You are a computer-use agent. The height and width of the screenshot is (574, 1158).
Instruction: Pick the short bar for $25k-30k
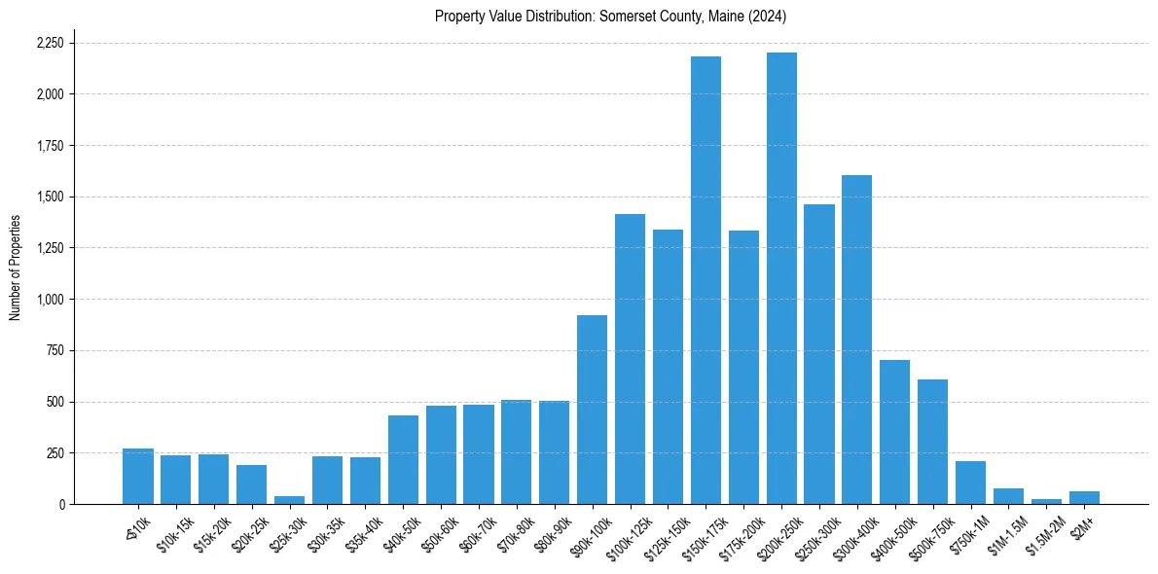tap(289, 500)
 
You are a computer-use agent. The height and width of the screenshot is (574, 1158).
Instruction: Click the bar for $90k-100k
tap(592, 410)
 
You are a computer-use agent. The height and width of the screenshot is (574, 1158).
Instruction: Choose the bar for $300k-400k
tap(856, 340)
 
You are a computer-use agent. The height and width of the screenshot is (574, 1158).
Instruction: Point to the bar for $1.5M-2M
tap(1046, 501)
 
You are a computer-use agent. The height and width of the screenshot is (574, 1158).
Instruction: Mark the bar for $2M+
tap(1084, 497)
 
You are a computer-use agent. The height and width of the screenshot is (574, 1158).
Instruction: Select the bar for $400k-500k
tap(894, 432)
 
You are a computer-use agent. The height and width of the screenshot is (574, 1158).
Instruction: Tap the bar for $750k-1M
tap(970, 483)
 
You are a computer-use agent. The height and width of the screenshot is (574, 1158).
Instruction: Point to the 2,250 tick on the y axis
tap(50, 43)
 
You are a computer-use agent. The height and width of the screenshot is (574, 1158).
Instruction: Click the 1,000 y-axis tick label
tap(50, 300)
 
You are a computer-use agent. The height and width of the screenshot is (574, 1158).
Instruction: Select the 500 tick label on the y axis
tap(55, 402)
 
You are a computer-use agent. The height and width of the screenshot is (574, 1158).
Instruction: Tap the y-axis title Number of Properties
tap(16, 267)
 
